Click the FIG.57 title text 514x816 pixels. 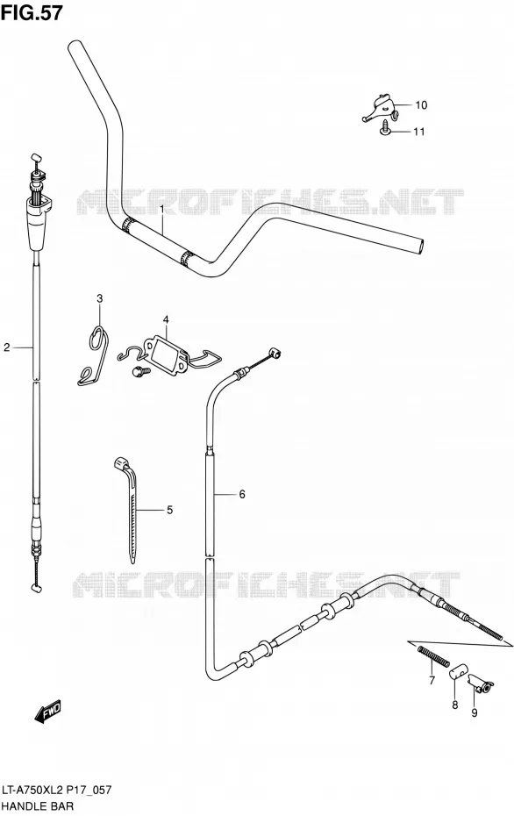(32, 12)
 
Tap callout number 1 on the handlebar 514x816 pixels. (161, 209)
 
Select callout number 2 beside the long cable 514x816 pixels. (7, 347)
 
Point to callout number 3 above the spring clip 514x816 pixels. (99, 298)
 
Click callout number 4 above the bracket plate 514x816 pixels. (166, 319)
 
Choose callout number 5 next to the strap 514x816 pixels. (169, 510)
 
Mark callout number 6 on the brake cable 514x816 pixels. (242, 494)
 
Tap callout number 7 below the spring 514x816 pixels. (432, 680)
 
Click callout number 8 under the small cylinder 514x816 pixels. (454, 705)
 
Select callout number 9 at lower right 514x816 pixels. (474, 713)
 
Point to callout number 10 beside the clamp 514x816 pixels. (421, 105)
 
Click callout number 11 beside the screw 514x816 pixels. (418, 132)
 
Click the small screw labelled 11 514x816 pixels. (385, 127)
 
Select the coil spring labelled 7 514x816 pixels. (432, 655)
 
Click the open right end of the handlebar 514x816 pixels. (420, 247)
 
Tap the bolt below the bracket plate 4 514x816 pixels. (140, 370)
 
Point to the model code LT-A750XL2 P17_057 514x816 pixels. (57, 791)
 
